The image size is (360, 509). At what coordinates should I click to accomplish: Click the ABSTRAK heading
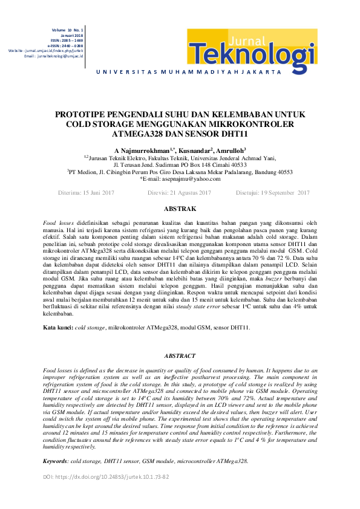click(x=180, y=209)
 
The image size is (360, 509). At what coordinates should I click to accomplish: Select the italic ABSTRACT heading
click(x=180, y=357)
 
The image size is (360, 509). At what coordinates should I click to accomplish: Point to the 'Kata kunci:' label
click(x=57, y=327)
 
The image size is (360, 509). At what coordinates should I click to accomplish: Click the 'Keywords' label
click(x=56, y=460)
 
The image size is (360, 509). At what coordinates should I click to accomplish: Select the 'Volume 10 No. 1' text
click(x=67, y=29)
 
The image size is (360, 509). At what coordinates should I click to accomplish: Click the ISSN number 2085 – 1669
click(x=71, y=40)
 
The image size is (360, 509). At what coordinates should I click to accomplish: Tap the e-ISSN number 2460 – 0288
click(x=71, y=45)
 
